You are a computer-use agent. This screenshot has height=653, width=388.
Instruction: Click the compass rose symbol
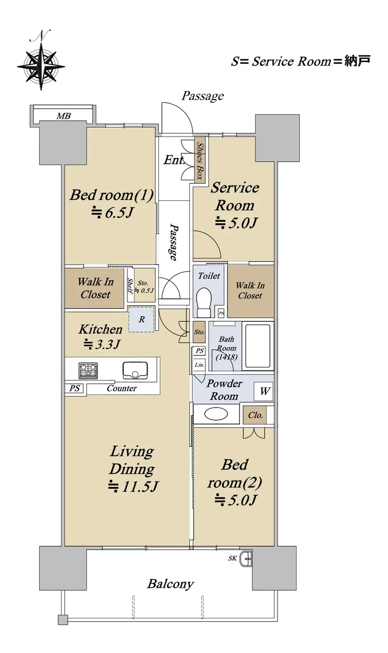[x=41, y=66]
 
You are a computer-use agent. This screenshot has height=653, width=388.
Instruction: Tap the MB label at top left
[x=64, y=116]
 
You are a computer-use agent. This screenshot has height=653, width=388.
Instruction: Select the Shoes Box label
[x=199, y=161]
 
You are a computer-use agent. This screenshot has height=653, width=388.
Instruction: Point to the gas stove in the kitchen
[x=88, y=371]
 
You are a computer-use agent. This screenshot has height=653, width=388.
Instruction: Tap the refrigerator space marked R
[x=141, y=319]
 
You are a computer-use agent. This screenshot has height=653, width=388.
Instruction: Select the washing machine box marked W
[x=263, y=391]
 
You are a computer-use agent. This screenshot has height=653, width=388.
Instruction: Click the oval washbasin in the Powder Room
[x=216, y=414]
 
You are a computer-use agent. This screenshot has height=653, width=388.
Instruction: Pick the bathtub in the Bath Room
[x=258, y=346]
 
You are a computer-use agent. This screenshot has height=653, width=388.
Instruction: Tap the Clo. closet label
[x=255, y=415]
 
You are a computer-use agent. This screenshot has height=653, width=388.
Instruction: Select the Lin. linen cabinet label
[x=199, y=365]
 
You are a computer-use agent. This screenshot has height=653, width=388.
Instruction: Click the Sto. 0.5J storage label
[x=144, y=287]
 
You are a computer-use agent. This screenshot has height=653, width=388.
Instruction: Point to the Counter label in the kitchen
[x=121, y=389]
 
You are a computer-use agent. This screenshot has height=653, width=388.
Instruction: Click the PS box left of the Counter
[x=75, y=389]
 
